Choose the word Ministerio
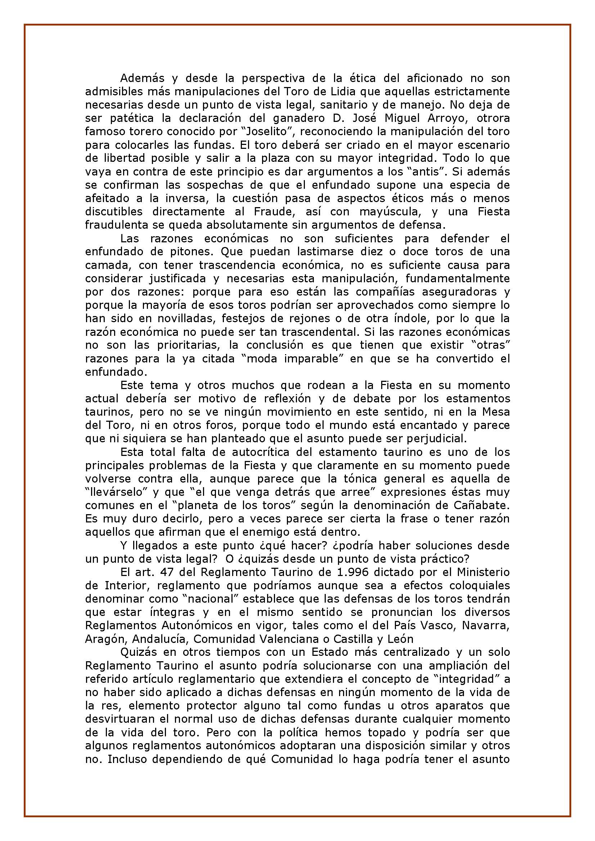483,572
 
